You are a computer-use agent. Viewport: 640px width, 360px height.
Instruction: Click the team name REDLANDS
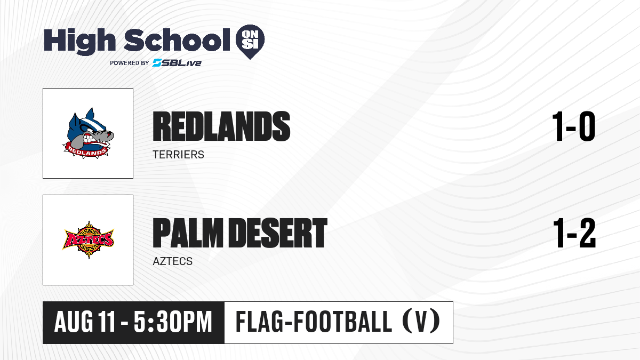(x=221, y=126)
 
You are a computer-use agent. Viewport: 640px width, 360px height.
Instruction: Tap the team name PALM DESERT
(x=240, y=233)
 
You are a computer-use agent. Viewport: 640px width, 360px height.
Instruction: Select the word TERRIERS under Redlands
(x=178, y=155)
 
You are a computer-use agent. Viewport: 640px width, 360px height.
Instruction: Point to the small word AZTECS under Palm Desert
(x=173, y=261)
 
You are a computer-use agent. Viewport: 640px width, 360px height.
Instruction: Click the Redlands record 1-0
(x=574, y=126)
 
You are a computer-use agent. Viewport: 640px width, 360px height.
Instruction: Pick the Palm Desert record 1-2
(x=574, y=233)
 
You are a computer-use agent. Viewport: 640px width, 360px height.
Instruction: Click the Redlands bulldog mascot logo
(x=87, y=133)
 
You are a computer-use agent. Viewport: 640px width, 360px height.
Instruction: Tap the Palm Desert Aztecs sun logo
(x=88, y=239)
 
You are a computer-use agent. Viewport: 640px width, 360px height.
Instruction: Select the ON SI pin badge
(x=250, y=42)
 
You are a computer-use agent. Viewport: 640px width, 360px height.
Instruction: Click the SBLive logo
(x=177, y=63)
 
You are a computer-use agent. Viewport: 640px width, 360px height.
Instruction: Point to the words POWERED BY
(x=130, y=63)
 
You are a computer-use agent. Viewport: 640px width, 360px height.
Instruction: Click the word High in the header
(x=79, y=41)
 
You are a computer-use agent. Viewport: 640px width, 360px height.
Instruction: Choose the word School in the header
(x=177, y=40)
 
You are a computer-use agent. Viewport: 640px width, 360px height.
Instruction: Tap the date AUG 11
(x=85, y=322)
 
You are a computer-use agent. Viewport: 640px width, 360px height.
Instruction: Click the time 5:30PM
(x=173, y=322)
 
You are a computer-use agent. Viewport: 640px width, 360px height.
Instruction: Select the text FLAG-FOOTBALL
(x=314, y=322)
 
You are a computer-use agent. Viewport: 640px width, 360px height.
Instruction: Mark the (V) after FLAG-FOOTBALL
(x=421, y=322)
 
